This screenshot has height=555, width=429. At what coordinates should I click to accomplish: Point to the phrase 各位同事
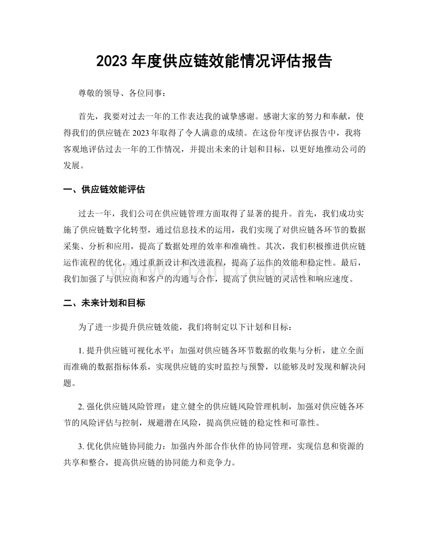144,93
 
